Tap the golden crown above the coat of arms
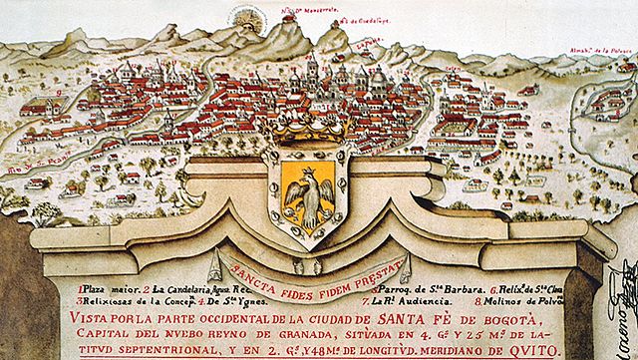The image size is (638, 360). [304, 129]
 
